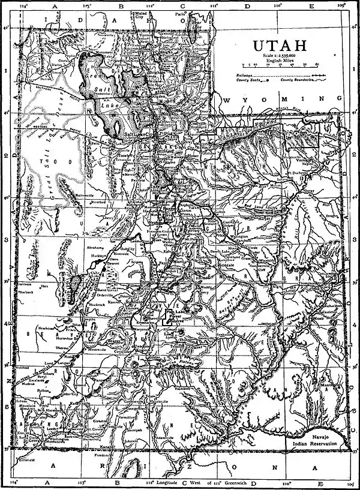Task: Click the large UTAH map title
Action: [280, 46]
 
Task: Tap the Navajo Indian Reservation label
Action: [326, 441]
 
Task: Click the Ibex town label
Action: [46, 287]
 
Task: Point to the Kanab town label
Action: [123, 446]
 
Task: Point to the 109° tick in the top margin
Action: [340, 5]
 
